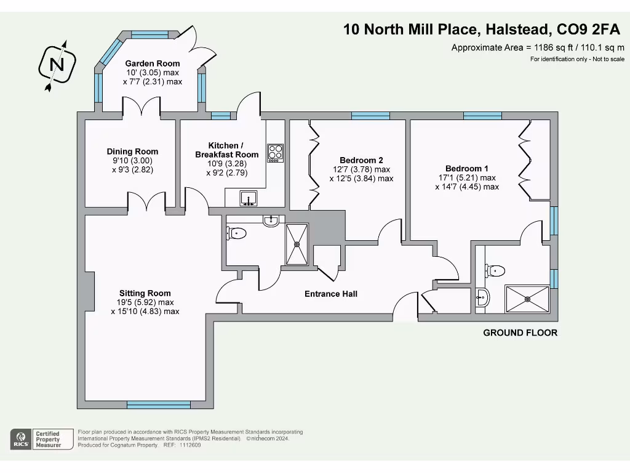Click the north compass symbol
57,65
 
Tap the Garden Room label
153,63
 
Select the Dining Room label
132,152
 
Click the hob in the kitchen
275,152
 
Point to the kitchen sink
249,198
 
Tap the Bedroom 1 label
467,169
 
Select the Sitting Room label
145,293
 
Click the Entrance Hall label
331,294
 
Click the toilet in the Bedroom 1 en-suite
495,270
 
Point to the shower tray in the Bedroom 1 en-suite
527,299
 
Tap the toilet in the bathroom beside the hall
237,233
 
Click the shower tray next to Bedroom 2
297,244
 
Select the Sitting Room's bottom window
158,405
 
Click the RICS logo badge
21,439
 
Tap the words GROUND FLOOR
520,333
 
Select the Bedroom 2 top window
370,115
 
